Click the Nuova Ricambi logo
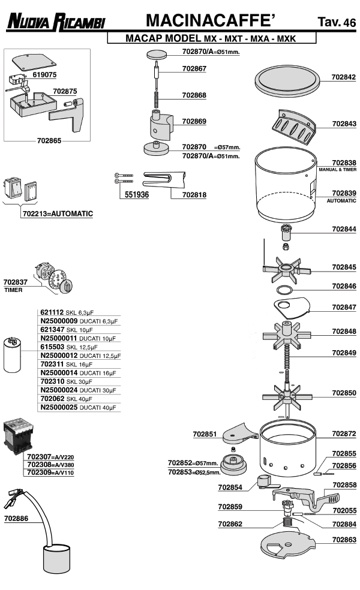click(x=56, y=22)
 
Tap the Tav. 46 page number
click(x=337, y=23)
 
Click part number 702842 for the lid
click(x=344, y=77)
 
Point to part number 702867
click(x=194, y=68)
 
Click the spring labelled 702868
click(x=157, y=95)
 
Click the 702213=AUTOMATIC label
click(x=58, y=213)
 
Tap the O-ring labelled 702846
click(x=286, y=290)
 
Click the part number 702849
click(x=344, y=352)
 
